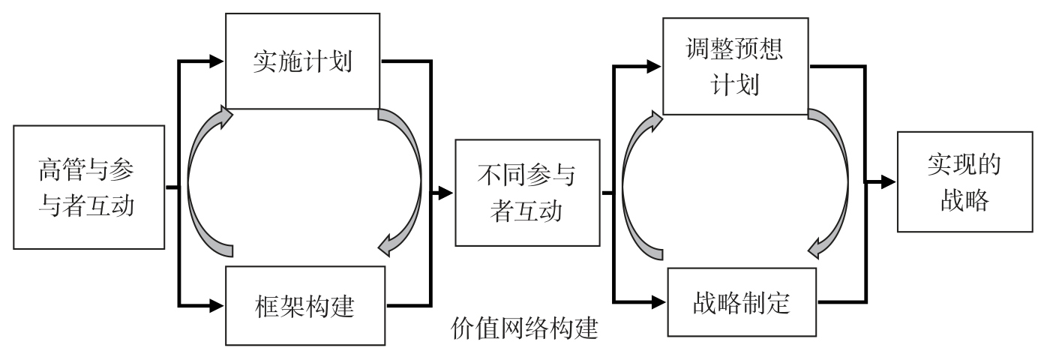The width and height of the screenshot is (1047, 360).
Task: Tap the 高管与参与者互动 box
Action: (x=88, y=187)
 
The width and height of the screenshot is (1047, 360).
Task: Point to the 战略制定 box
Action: (x=741, y=304)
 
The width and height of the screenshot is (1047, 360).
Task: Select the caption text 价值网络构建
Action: (x=525, y=328)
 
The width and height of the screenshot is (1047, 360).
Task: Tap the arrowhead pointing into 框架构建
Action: (x=218, y=304)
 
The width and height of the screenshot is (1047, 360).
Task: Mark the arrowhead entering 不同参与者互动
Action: (x=447, y=193)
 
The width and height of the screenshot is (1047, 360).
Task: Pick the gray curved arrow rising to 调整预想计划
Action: (x=636, y=180)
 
